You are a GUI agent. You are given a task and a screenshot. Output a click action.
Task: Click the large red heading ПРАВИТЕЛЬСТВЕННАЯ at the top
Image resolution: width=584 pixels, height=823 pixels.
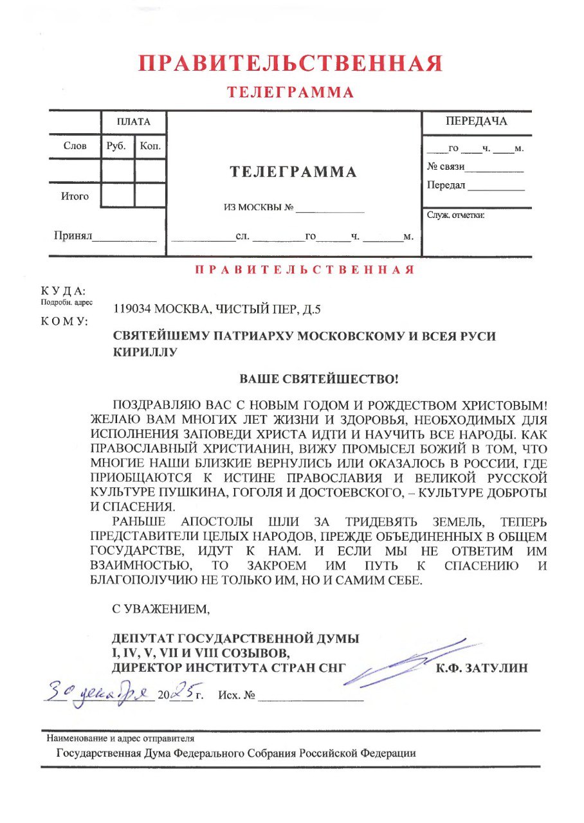click(x=291, y=63)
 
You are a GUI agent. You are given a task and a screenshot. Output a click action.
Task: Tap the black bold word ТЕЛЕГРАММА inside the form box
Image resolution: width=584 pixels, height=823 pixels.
click(x=293, y=172)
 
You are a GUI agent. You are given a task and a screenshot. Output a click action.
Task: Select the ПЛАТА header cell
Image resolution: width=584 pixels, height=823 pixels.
click(x=134, y=122)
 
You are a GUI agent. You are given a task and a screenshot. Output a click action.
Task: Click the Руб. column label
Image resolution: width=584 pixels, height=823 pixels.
click(x=117, y=146)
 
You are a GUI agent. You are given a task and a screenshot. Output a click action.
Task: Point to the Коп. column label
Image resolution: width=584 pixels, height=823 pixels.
click(x=149, y=146)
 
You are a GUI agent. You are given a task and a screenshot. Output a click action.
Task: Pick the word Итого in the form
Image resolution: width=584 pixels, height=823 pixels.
click(x=75, y=196)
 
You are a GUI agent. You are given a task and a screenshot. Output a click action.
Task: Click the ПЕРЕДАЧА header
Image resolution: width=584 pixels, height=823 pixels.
click(x=476, y=122)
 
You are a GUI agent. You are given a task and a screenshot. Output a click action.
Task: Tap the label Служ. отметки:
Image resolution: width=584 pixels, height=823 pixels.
click(x=455, y=215)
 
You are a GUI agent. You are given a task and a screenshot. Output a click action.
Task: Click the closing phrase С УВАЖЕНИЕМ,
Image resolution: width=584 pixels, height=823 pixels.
click(x=161, y=607)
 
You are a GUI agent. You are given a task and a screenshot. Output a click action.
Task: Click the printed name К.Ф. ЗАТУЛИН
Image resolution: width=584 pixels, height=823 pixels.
click(x=482, y=668)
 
